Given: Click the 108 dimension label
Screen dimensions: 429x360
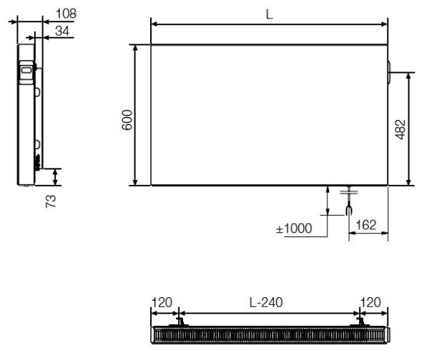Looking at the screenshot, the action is click(x=66, y=14).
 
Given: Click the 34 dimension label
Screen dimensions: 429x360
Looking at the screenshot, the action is click(x=62, y=31).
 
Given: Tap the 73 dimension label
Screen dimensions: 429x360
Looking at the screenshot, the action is click(x=51, y=201).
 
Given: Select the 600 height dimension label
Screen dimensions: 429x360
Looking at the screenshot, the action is click(x=127, y=120).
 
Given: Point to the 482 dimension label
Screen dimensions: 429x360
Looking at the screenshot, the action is click(x=400, y=129).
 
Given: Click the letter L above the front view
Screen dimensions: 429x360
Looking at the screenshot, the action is click(x=270, y=14).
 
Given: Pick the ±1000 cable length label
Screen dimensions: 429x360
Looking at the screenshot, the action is click(x=294, y=229).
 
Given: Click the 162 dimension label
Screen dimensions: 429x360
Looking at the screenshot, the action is click(x=366, y=225).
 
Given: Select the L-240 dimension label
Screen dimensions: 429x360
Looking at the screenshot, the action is click(x=266, y=302).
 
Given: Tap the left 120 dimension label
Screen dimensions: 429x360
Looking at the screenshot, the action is click(x=162, y=302).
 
